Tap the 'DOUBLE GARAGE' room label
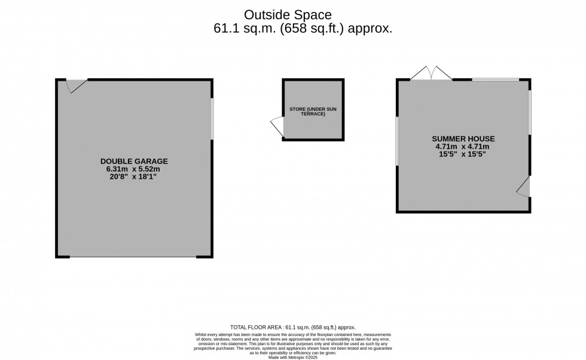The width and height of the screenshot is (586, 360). click(x=134, y=161)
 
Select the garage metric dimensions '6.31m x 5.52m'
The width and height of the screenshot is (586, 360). click(x=134, y=169)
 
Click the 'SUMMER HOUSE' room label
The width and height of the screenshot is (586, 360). click(x=464, y=139)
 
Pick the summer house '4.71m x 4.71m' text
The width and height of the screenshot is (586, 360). click(x=462, y=147)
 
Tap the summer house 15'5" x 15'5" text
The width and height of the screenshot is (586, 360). click(x=462, y=154)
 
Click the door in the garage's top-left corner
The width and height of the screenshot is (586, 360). click(x=75, y=86)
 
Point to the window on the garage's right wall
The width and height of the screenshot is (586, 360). click(x=212, y=118)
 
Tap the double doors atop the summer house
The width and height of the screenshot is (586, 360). click(x=431, y=74)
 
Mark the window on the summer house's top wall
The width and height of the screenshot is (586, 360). click(x=495, y=80)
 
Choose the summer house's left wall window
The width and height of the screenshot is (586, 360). click(x=397, y=141)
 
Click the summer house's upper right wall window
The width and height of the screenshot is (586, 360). click(x=530, y=112)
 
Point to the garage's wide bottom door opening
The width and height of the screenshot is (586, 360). click(x=133, y=257)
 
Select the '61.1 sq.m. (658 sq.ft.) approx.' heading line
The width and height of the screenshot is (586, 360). click(x=303, y=28)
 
